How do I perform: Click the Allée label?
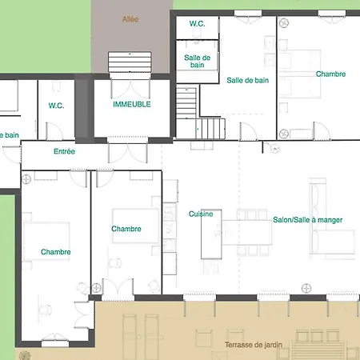(x=130, y=19)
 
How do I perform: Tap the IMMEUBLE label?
(x=132, y=104)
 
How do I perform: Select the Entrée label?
(x=64, y=151)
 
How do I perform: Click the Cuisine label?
(x=201, y=214)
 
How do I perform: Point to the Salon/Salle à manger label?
(x=308, y=220)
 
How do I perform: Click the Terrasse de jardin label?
(x=254, y=345)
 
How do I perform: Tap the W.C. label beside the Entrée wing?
(x=56, y=106)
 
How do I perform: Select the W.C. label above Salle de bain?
(x=198, y=24)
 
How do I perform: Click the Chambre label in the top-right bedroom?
(x=330, y=74)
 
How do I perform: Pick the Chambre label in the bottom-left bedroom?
(x=56, y=252)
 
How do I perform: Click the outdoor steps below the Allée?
(x=130, y=62)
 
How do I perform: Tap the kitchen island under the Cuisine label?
(x=211, y=234)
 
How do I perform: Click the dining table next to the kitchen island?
(x=247, y=232)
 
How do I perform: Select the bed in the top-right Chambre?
(x=299, y=74)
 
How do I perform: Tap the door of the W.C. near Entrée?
(x=54, y=131)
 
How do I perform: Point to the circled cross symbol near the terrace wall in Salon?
(x=306, y=288)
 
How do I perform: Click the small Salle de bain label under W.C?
(x=198, y=61)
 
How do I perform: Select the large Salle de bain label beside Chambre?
(x=248, y=80)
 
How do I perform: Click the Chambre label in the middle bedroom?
(x=126, y=229)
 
